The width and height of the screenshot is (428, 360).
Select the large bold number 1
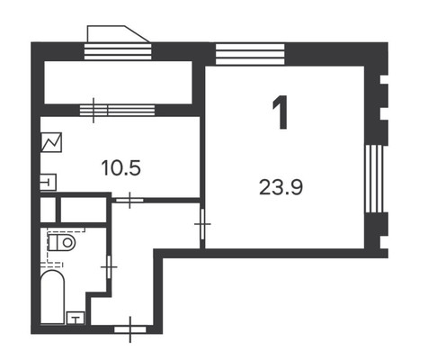[x=281, y=115]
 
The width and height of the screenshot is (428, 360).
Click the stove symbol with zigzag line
[x=51, y=144]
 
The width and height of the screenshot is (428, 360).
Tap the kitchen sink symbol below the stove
[x=49, y=183]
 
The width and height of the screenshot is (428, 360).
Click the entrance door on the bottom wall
[x=131, y=328]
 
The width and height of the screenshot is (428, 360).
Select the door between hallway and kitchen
[x=131, y=200]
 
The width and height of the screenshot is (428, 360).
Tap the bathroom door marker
[x=108, y=267]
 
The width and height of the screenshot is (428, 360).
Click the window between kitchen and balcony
[x=100, y=111]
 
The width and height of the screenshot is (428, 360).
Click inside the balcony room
[x=117, y=82]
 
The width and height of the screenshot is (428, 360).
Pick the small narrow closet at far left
[x=48, y=211]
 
